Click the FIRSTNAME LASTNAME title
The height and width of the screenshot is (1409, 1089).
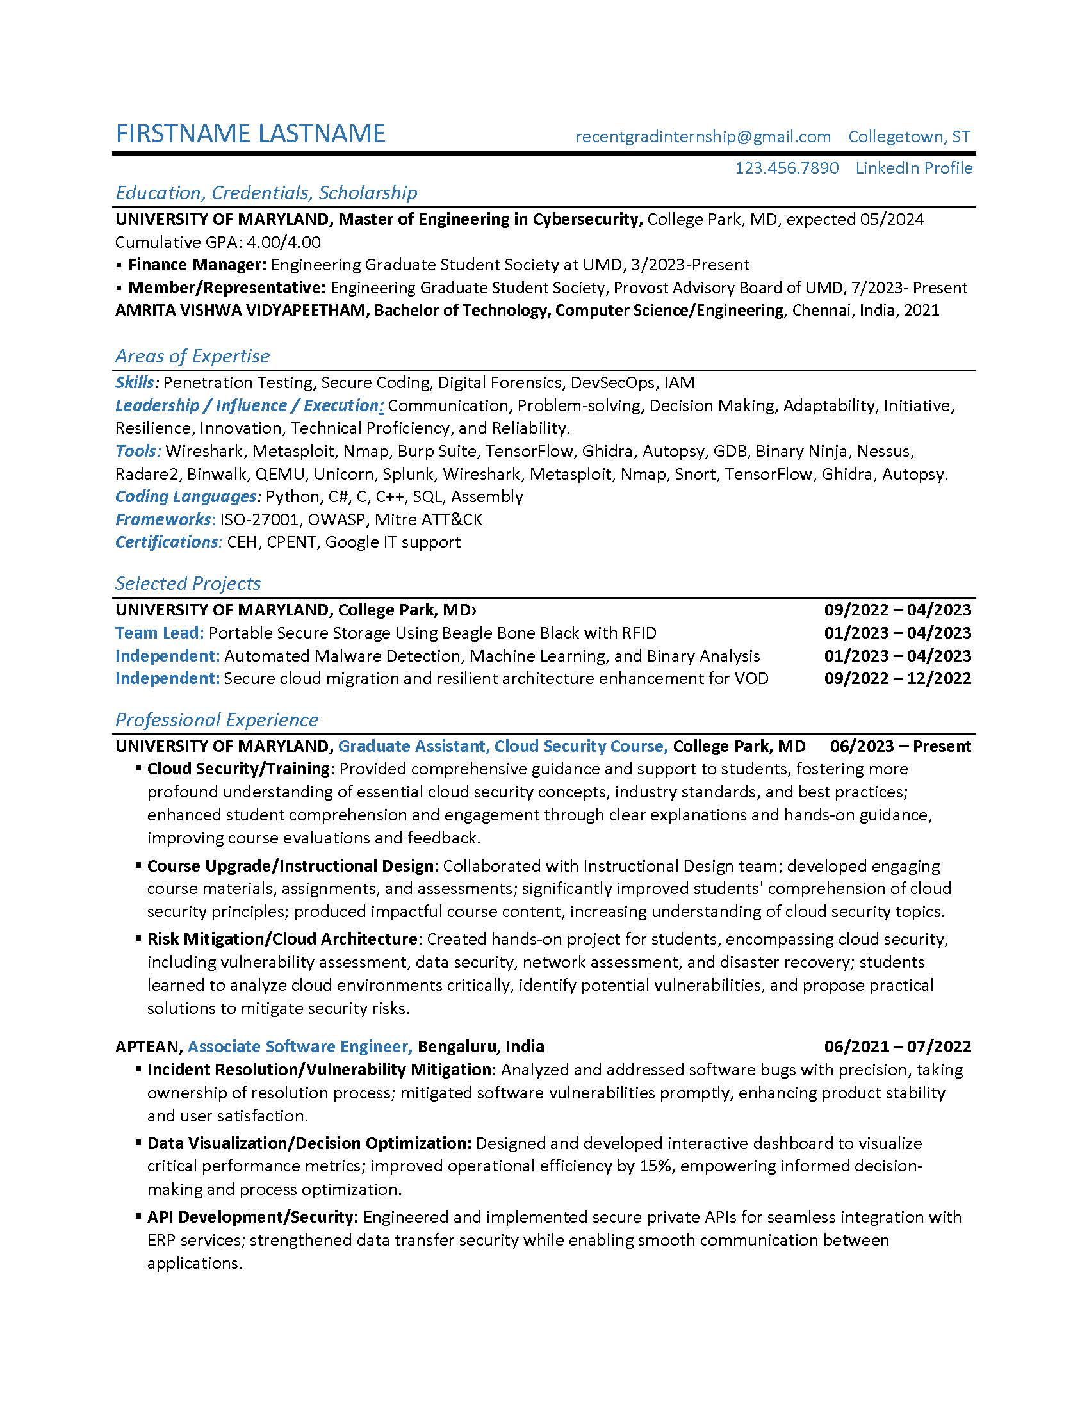coord(250,134)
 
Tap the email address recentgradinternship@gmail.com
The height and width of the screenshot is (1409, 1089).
coord(703,137)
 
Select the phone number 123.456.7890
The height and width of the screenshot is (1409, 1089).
coord(787,168)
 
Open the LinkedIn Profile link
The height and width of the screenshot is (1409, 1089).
coord(913,168)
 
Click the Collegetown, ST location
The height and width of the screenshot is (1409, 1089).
coord(908,137)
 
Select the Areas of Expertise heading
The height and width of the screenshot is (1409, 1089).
coord(192,356)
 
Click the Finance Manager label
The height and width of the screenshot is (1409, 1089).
coord(197,265)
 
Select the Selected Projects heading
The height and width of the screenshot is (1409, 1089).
coord(188,583)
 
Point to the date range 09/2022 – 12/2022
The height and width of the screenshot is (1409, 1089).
coord(897,678)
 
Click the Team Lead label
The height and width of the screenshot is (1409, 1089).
coord(160,633)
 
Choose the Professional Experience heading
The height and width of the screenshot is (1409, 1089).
coord(217,720)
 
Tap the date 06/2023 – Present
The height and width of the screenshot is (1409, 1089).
coord(900,746)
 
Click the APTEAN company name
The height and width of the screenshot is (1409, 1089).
coord(148,1047)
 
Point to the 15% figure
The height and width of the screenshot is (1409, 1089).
coord(655,1166)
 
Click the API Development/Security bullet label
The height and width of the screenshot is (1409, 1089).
coord(252,1218)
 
